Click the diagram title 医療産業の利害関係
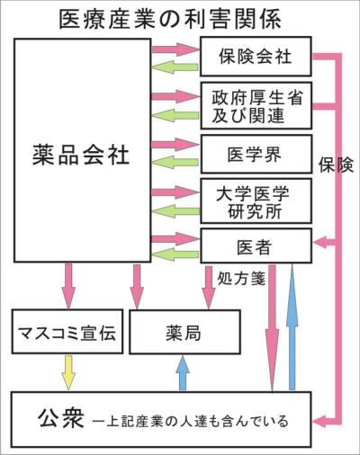[170, 20]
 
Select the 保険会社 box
[256, 57]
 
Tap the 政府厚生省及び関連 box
[256, 106]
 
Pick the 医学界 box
[256, 154]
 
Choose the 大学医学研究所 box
[256, 201]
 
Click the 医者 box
[256, 245]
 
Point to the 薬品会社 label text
[81, 155]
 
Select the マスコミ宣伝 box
[67, 332]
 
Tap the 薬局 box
[184, 332]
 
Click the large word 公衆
[61, 419]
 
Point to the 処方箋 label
[241, 280]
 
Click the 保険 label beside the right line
[336, 165]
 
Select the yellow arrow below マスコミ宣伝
[68, 373]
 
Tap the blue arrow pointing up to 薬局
[183, 373]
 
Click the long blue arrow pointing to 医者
[292, 326]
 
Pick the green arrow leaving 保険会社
[175, 67]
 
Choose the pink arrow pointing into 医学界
[175, 145]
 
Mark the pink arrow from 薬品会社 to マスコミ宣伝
[68, 286]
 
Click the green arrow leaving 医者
[175, 254]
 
